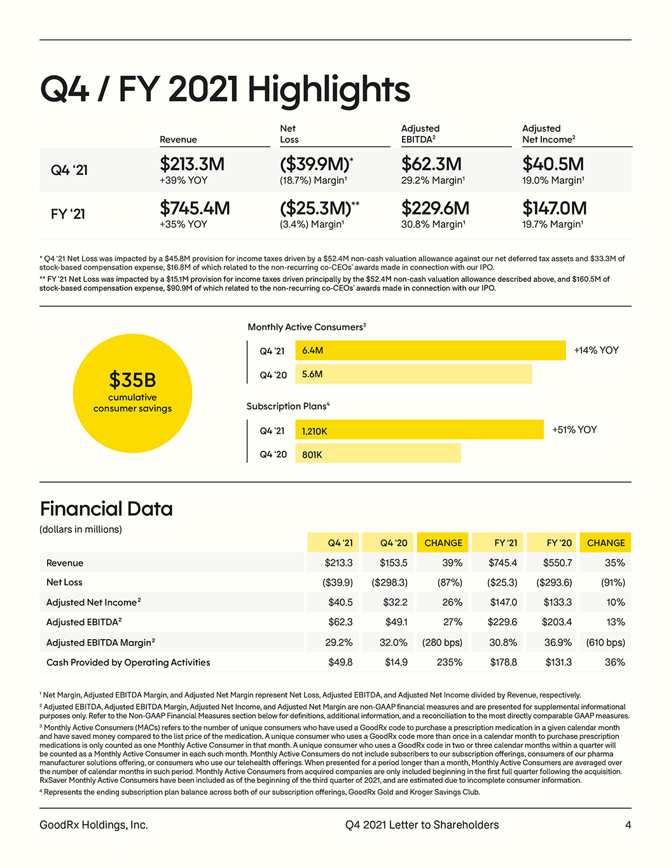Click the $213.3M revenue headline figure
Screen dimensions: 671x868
tap(192, 164)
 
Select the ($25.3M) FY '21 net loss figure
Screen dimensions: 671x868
tap(315, 208)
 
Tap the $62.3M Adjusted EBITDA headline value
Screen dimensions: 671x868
tap(431, 164)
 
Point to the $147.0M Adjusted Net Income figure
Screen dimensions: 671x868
tap(555, 208)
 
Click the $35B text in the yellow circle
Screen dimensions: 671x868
tap(132, 380)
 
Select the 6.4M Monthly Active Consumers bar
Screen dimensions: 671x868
tap(431, 350)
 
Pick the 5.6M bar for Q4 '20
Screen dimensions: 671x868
tap(414, 374)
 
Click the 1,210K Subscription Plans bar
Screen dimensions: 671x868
tap(419, 429)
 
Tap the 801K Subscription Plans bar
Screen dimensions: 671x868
tap(378, 453)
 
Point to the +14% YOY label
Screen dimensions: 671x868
tap(597, 350)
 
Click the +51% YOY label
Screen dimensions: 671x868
tap(574, 430)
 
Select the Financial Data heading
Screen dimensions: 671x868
tap(106, 509)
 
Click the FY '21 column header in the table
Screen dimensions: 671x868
tap(506, 543)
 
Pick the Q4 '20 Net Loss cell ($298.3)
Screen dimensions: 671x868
tap(389, 582)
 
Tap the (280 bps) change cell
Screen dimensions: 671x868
tap(442, 642)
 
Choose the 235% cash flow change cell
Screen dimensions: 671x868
tap(449, 662)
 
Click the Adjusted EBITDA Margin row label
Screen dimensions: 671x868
tap(100, 642)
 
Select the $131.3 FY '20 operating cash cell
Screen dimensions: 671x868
tap(558, 662)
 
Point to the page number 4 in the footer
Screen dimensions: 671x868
tap(628, 825)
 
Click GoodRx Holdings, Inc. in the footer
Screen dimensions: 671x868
tap(94, 825)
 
